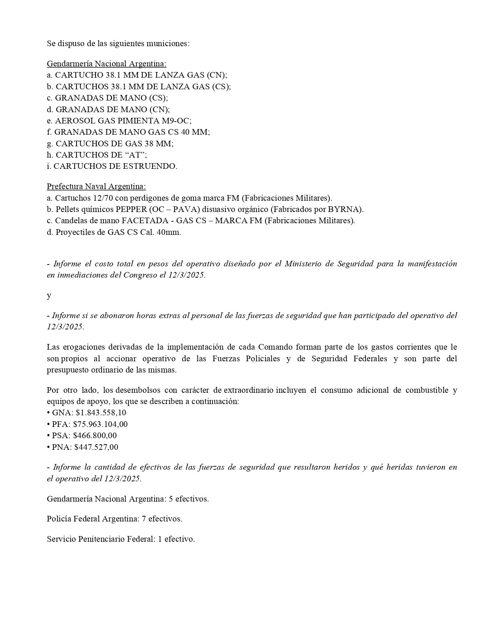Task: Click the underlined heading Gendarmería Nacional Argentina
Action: pos(106,63)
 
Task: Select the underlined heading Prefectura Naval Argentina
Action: pos(96,186)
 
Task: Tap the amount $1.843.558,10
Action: pos(101,413)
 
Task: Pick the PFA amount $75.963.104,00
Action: pos(100,424)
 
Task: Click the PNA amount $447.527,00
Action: pos(96,447)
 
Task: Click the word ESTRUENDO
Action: pos(153,166)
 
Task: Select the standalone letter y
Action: pos(49,296)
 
